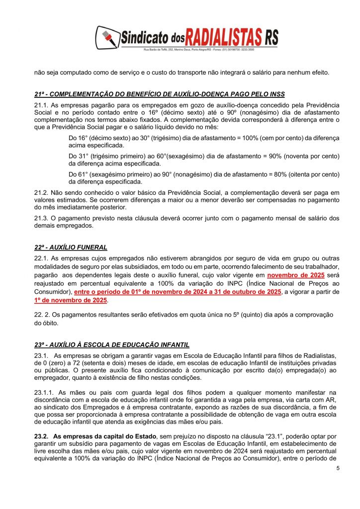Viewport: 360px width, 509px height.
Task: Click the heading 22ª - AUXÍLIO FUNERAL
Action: click(x=71, y=247)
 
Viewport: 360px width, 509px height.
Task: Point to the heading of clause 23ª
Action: click(x=112, y=344)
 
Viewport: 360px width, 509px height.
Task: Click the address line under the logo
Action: click(x=205, y=50)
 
